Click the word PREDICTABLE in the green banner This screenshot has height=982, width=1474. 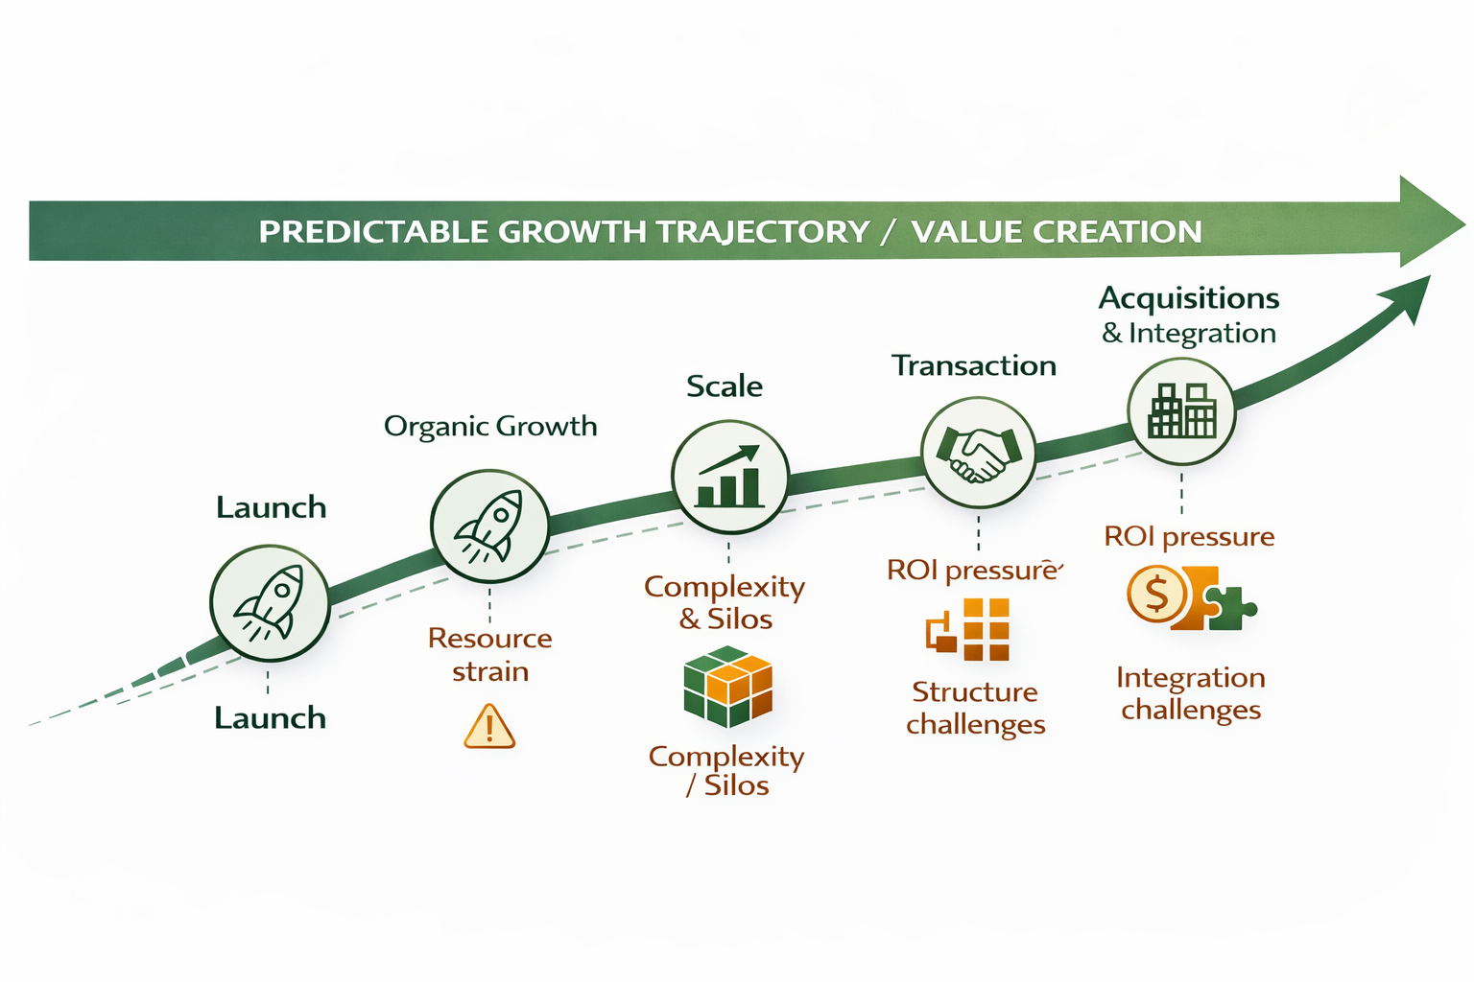pyautogui.click(x=374, y=232)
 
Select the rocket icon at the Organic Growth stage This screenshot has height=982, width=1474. pyautogui.click(x=489, y=526)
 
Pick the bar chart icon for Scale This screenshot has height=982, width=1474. pyautogui.click(x=729, y=477)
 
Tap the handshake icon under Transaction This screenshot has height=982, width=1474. pyautogui.click(x=978, y=454)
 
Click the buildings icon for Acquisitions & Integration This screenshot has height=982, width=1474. pyautogui.click(x=1181, y=411)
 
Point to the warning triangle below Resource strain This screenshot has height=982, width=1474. pyautogui.click(x=489, y=726)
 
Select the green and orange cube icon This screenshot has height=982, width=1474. pyautogui.click(x=728, y=687)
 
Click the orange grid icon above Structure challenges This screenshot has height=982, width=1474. pyautogui.click(x=969, y=630)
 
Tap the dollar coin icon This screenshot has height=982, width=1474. pyautogui.click(x=1156, y=596)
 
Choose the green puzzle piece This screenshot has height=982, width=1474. pyautogui.click(x=1229, y=608)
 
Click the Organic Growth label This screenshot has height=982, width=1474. pyautogui.click(x=490, y=426)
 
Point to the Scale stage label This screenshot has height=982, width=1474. pyautogui.click(x=725, y=386)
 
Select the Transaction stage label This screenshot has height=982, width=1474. pyautogui.click(x=974, y=365)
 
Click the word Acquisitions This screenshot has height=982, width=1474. pyautogui.click(x=1189, y=298)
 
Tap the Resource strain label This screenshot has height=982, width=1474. pyautogui.click(x=490, y=655)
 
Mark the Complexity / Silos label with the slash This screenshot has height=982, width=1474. pyautogui.click(x=726, y=771)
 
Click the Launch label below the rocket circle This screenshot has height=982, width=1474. pyautogui.click(x=270, y=718)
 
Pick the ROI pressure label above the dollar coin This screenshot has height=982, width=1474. pyautogui.click(x=1189, y=536)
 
